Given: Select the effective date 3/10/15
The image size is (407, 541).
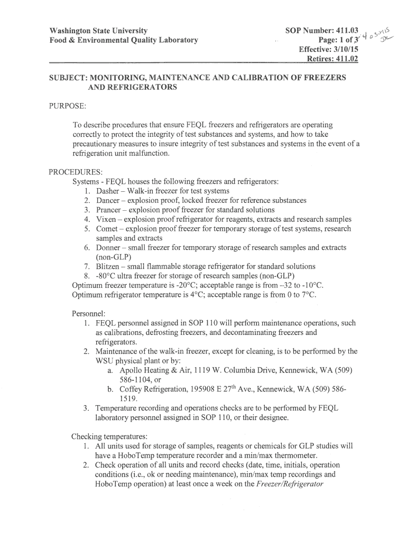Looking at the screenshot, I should click(x=345, y=49).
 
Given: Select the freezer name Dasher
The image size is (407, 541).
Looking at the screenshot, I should click(x=108, y=191).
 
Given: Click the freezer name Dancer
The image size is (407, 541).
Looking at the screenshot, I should click(x=108, y=200).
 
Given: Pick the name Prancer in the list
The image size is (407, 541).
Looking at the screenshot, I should click(x=109, y=210).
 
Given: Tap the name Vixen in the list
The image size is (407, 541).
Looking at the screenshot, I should click(x=106, y=219).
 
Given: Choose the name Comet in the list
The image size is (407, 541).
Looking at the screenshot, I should click(x=107, y=229).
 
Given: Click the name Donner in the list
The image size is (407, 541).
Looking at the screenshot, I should click(x=108, y=248).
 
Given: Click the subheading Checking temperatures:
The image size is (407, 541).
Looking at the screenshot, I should click(x=109, y=436).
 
